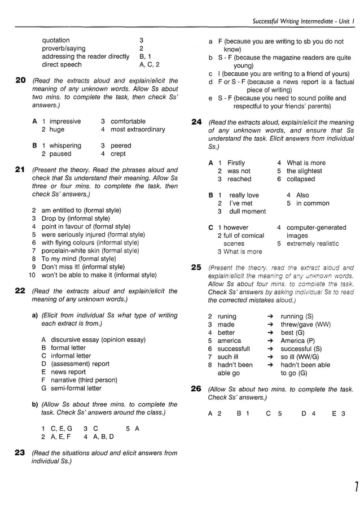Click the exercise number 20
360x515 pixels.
point(20,81)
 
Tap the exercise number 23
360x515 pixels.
point(20,452)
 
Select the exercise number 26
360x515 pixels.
point(196,389)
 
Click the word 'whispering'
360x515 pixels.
point(65,145)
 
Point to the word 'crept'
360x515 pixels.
point(118,154)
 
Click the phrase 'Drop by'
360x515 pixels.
point(54,219)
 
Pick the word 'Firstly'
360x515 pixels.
point(236,163)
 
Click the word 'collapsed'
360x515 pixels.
point(301,179)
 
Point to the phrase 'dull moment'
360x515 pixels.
point(247,211)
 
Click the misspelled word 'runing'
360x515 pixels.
point(227,316)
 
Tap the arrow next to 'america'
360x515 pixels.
point(270,341)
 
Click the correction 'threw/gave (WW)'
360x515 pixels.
point(306,325)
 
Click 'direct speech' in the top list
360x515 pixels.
point(62,64)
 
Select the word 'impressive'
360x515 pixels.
point(65,121)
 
